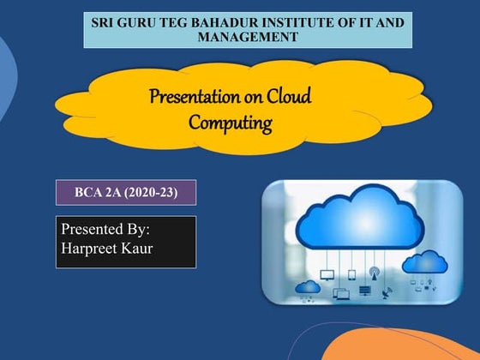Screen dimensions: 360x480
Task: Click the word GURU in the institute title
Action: pyautogui.click(x=148, y=21)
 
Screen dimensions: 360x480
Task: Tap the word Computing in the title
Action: pyautogui.click(x=230, y=123)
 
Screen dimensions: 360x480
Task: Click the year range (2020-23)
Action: pyautogui.click(x=153, y=192)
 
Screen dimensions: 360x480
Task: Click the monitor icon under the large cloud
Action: pyautogui.click(x=327, y=275)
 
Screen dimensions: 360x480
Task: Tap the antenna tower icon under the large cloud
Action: pyautogui.click(x=374, y=273)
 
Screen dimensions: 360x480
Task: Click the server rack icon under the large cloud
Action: pyautogui.click(x=364, y=291)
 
